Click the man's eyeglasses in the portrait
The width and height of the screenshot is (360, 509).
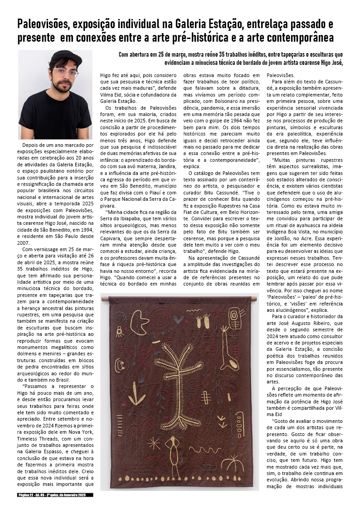(64, 72)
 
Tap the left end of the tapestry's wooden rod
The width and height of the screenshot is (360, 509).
(104, 299)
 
